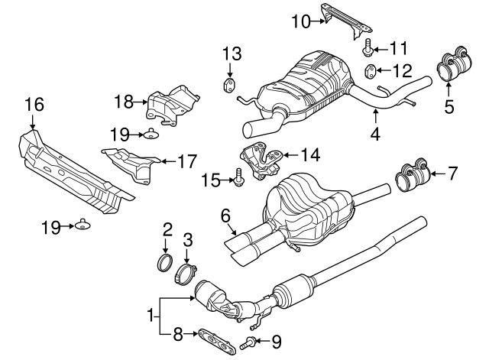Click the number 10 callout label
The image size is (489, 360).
[x=301, y=21]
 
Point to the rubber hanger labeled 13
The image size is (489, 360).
[x=228, y=83]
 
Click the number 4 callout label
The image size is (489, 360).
[x=375, y=136]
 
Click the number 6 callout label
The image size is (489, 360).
[x=225, y=217]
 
